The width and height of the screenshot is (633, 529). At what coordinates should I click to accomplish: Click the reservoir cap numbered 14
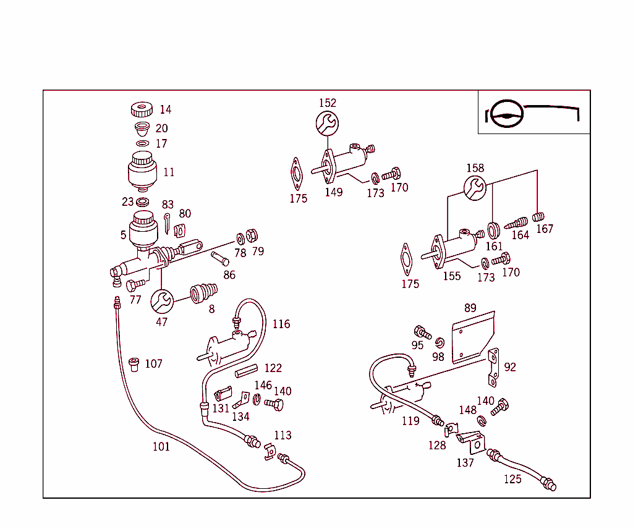(142, 110)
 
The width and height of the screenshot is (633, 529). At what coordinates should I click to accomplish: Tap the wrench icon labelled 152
(327, 123)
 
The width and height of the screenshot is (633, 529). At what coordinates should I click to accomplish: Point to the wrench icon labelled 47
(162, 302)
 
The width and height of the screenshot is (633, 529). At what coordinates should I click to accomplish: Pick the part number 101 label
(161, 446)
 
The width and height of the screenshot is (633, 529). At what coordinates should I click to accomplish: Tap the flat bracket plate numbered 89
(472, 337)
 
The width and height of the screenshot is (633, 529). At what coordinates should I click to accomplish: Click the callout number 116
(281, 324)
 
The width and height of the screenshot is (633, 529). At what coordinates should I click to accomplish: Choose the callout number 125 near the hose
(512, 479)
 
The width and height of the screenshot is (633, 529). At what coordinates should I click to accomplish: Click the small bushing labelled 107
(134, 365)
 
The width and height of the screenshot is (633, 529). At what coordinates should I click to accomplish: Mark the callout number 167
(545, 229)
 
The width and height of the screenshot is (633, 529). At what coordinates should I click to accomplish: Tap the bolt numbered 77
(135, 285)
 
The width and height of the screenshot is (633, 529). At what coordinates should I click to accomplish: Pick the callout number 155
(451, 276)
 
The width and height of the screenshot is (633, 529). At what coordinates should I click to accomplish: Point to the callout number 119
(410, 421)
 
